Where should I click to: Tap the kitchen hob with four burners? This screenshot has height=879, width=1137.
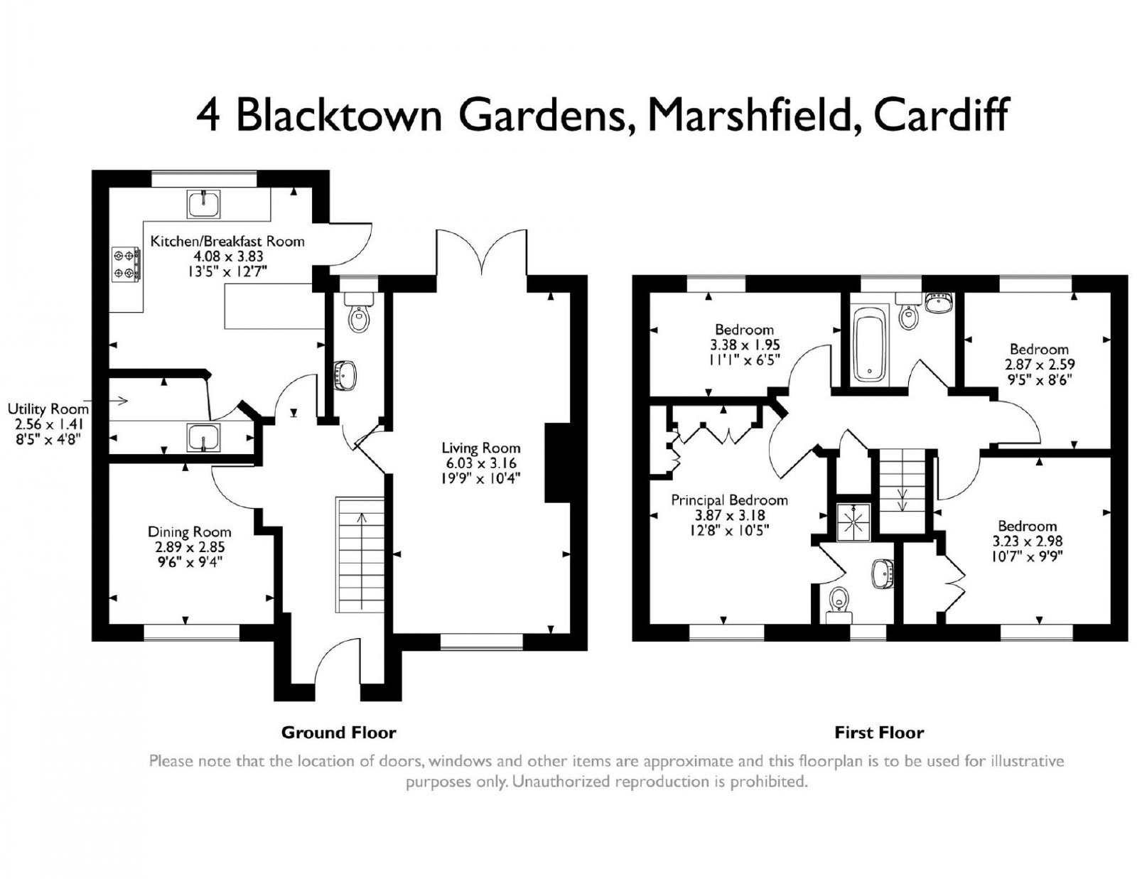click(126, 264)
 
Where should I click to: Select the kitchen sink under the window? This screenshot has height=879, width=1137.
click(204, 204)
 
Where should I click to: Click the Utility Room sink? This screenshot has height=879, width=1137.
click(204, 436)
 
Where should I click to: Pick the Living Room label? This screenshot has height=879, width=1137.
click(481, 448)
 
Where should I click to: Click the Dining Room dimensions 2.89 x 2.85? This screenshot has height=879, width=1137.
click(190, 547)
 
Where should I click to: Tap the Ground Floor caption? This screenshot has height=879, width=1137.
click(338, 733)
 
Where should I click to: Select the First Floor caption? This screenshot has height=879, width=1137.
click(879, 733)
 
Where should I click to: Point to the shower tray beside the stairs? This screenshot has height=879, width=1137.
click(854, 522)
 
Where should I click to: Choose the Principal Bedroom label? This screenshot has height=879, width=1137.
click(729, 500)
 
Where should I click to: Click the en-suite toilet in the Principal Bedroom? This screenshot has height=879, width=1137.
click(839, 604)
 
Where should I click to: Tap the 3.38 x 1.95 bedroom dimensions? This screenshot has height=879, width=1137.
click(745, 345)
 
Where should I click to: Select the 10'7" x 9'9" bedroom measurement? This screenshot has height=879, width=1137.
click(1027, 556)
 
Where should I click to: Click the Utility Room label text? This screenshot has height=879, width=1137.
click(48, 409)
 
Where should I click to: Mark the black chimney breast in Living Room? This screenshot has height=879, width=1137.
click(558, 463)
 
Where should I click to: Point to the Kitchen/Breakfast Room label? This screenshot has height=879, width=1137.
click(227, 241)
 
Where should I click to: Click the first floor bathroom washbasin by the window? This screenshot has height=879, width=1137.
click(939, 303)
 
